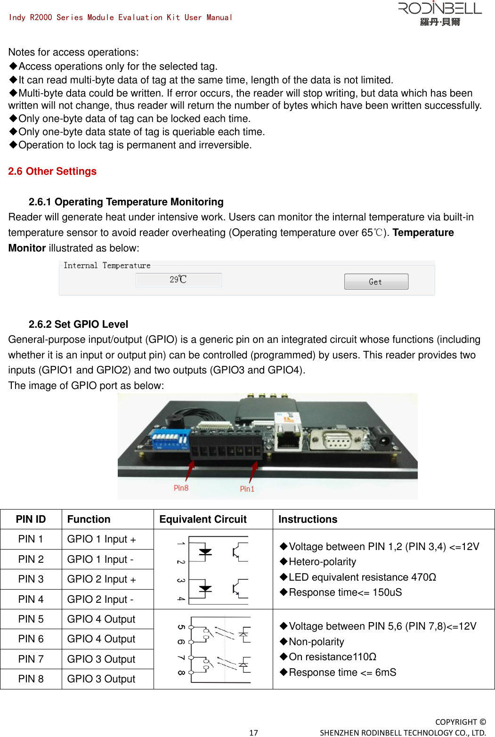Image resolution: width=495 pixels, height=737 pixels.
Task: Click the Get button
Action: [x=376, y=282]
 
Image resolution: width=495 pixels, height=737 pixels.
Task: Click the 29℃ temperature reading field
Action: [x=179, y=280]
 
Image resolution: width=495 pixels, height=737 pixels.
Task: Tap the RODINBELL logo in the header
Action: [x=440, y=14]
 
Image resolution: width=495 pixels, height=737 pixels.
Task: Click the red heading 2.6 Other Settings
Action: [x=52, y=171]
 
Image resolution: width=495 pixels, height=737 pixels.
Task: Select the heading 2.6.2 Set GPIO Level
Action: [x=78, y=324]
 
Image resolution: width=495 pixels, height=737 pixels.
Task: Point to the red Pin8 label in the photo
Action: [x=181, y=488]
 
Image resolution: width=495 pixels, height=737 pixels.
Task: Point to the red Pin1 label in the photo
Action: [x=247, y=489]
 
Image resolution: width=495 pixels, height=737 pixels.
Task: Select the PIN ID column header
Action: [x=31, y=519]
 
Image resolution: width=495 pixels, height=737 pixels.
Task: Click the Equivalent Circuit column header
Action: [x=203, y=519]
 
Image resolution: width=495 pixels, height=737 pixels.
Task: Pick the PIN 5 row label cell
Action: [x=31, y=619]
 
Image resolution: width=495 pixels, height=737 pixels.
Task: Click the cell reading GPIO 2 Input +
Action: [x=102, y=579]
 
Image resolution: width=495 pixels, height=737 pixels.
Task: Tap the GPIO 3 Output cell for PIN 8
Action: [x=101, y=679]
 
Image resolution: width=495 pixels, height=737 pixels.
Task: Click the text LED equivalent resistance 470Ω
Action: [x=362, y=577]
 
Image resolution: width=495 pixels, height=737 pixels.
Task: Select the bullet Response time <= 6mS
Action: [x=342, y=672]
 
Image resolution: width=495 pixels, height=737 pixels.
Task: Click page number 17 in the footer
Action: [x=253, y=732]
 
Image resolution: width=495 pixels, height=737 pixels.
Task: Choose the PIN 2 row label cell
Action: [x=31, y=559]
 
